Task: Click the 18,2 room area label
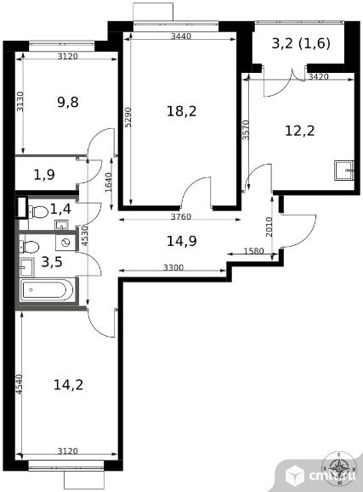(182, 111)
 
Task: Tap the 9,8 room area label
(68, 102)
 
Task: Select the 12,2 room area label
(300, 131)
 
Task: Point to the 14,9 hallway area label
(182, 241)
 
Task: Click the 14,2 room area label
(68, 384)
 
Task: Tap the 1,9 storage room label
(44, 175)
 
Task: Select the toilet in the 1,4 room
(38, 211)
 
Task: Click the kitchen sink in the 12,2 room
(344, 171)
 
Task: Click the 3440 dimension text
(181, 36)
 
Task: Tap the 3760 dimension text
(181, 216)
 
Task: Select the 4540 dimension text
(19, 384)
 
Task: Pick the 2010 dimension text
(269, 226)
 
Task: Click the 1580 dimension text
(254, 251)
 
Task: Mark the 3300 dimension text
(173, 268)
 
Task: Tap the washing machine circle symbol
(65, 242)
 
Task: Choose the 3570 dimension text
(247, 130)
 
